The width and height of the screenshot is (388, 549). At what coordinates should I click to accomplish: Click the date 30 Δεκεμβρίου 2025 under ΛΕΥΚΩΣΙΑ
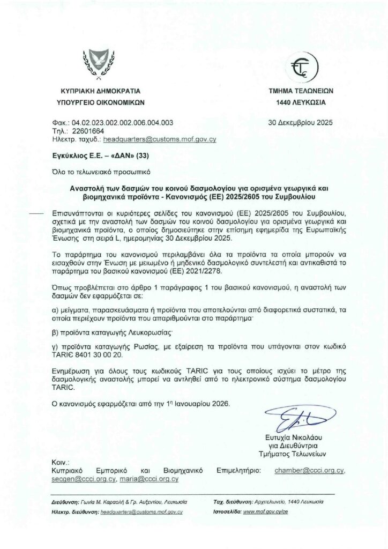point(300,122)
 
